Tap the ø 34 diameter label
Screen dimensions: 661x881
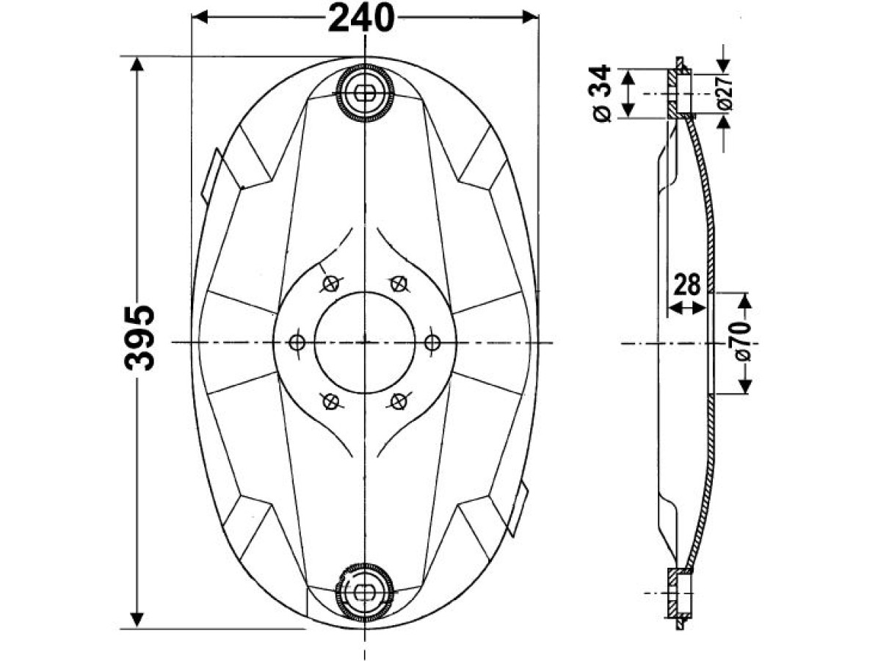tap(601, 93)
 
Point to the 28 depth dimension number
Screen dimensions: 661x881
tap(688, 284)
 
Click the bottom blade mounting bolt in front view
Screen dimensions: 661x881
tap(365, 592)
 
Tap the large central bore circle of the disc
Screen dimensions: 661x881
tap(365, 342)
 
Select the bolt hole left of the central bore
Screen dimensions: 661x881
tap(297, 342)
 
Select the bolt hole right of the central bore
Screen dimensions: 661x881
tap(432, 342)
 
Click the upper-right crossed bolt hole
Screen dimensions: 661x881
tap(398, 283)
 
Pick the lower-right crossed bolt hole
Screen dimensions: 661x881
tap(398, 401)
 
